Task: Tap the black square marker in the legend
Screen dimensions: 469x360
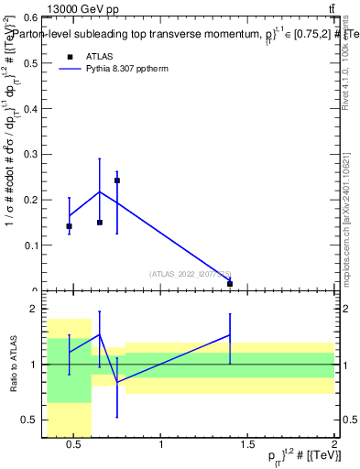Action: (69, 56)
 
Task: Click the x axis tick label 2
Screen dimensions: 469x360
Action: (333, 445)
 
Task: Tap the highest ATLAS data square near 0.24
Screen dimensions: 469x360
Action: (117, 180)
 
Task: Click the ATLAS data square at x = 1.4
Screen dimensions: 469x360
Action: (230, 284)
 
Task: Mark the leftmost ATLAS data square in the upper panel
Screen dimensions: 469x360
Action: (69, 225)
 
